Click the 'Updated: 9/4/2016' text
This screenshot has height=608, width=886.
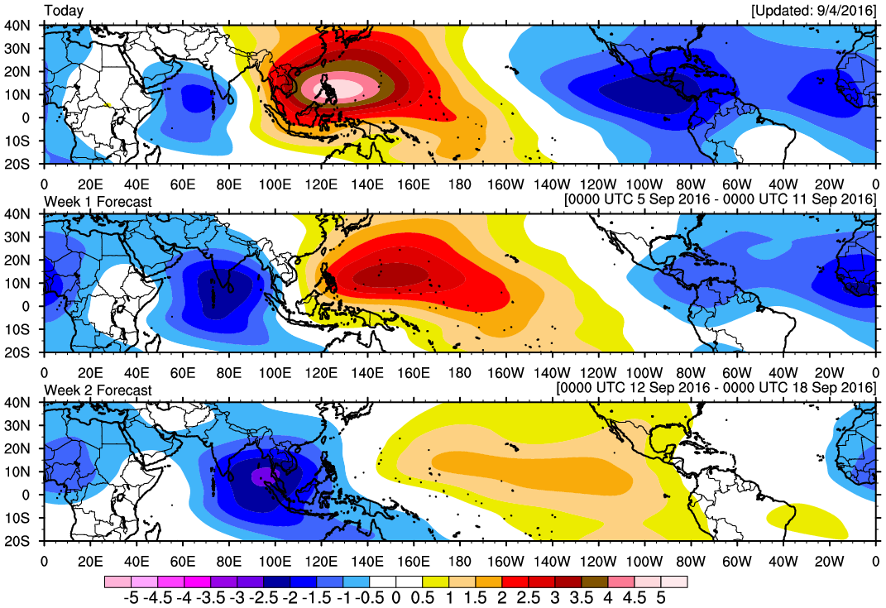(814, 11)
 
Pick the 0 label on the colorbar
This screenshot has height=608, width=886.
(395, 598)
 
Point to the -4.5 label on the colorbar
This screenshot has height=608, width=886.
(157, 598)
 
